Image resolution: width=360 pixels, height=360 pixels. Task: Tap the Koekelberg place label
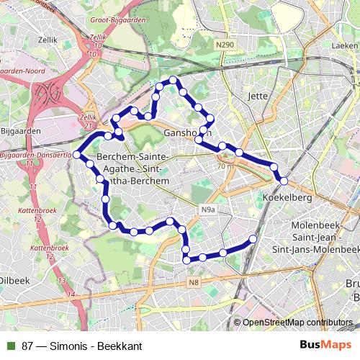coord(288,197)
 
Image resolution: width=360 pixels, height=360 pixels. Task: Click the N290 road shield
coord(225,45)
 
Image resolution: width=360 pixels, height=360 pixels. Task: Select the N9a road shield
coord(208,210)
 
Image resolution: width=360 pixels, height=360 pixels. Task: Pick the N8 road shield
coord(194,282)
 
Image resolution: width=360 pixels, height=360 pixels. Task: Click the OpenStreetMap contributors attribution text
coord(297,323)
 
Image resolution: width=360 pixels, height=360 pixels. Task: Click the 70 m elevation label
coord(224,166)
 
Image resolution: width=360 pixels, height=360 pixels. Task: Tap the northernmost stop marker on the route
coord(173,80)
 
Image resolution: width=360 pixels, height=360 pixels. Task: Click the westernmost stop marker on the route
coord(76,155)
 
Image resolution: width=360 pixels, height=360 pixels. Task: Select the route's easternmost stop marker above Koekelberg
coord(284,181)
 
